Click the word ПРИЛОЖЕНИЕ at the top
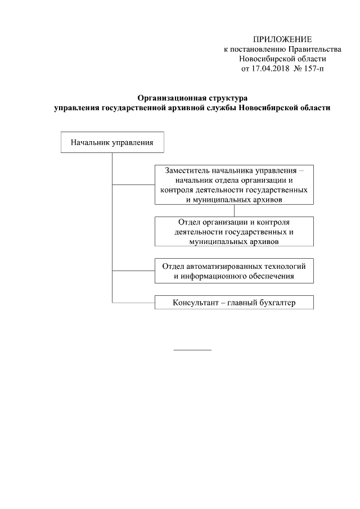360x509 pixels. (x=282, y=39)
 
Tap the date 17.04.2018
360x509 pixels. (x=264, y=69)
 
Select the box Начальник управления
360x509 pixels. (x=112, y=142)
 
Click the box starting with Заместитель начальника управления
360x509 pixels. (x=234, y=184)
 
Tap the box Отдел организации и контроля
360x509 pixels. (x=234, y=231)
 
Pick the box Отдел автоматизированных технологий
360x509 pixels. (x=234, y=271)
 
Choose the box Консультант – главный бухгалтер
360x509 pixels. (x=234, y=303)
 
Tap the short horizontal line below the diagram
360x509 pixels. (x=192, y=350)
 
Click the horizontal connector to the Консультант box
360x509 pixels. (x=133, y=303)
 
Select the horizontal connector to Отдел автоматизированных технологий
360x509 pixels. (x=133, y=271)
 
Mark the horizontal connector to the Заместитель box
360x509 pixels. (x=133, y=184)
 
